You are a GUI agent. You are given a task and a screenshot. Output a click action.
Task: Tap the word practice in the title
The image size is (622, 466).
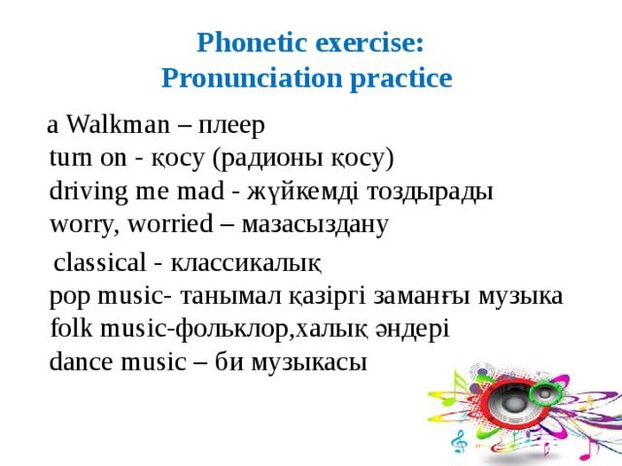[404, 78]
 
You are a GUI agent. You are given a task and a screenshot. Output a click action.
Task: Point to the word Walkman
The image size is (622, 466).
[116, 125]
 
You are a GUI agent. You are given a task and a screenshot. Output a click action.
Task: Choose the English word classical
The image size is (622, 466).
[97, 262]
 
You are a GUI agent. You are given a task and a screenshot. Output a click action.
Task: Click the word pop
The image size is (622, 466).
[70, 295]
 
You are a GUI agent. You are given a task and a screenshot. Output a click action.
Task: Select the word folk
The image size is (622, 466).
[70, 328]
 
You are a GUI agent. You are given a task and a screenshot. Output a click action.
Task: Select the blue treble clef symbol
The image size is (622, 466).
[458, 440]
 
